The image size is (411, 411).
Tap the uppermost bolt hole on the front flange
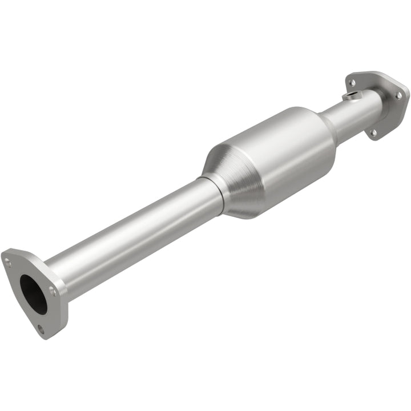(8, 263)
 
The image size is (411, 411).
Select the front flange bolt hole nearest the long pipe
(53, 291)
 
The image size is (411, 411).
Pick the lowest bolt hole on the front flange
(41, 329)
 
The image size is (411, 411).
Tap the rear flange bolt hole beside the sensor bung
(352, 83)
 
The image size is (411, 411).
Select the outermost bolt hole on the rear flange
(399, 96)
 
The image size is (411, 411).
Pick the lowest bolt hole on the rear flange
(373, 132)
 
